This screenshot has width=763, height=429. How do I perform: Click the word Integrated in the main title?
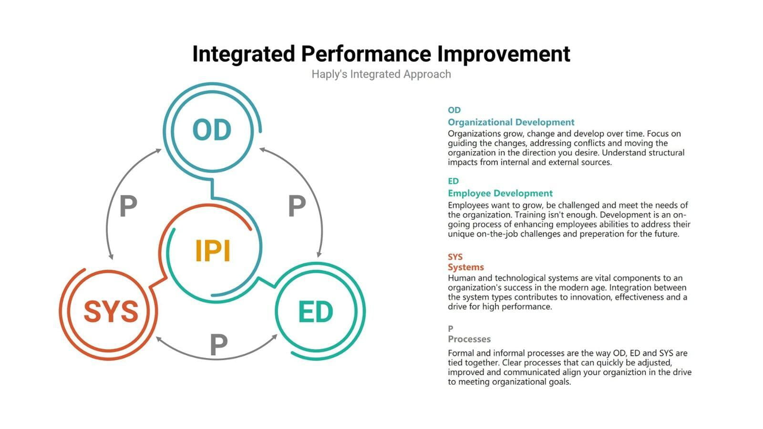244,54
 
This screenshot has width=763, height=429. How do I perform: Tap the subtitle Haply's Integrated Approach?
381,74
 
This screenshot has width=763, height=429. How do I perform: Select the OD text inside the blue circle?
212,130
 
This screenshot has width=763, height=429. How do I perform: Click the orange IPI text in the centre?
213,251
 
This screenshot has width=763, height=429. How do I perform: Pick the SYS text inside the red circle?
111,312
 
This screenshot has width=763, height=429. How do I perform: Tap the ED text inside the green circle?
315,312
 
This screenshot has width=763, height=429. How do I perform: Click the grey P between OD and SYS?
128,206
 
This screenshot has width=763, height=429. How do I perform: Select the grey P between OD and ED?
297,206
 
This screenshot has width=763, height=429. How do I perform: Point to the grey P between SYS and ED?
218,345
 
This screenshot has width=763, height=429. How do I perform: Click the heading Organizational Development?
511,122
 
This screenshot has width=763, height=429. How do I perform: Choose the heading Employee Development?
500,193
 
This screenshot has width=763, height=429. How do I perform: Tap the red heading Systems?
465,267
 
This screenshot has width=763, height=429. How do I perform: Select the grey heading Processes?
469,339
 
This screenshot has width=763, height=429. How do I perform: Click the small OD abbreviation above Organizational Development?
454,110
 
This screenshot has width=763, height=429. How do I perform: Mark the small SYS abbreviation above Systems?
455,257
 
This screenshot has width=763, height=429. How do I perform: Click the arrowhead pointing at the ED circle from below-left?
274,337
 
